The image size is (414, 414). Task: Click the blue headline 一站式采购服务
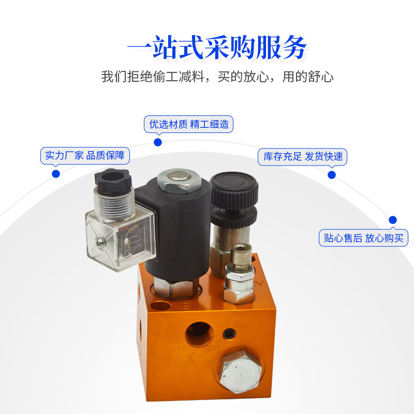216,48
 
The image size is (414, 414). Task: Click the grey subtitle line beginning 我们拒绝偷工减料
217,77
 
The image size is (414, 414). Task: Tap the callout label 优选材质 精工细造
188,124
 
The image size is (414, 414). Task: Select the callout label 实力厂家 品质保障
85,156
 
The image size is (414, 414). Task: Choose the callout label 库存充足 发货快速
302,157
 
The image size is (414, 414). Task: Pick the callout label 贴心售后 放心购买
363,238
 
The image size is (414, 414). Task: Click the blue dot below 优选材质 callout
158,143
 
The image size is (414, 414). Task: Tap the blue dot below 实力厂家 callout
56,174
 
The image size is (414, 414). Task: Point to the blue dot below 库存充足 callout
332,175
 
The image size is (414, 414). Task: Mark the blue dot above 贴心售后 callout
393,219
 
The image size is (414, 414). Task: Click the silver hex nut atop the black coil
179,180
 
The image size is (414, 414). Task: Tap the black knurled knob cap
234,190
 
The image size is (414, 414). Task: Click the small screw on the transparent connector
99,242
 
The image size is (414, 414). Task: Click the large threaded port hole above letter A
199,334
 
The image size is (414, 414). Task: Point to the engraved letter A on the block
190,361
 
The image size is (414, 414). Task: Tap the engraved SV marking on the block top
190,306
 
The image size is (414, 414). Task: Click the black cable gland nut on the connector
113,181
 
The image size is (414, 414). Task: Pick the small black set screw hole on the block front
229,334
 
